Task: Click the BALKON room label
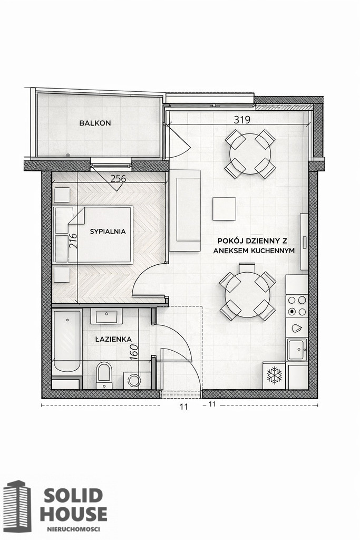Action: tap(95, 123)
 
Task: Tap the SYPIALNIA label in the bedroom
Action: tap(108, 232)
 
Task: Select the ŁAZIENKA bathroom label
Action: tap(113, 339)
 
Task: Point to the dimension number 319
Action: tap(242, 120)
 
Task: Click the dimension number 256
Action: tap(118, 179)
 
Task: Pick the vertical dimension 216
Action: tap(73, 241)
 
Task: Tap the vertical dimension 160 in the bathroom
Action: tap(134, 352)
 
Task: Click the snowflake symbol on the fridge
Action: tap(274, 375)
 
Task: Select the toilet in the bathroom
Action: tap(104, 375)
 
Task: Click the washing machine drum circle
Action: tap(134, 380)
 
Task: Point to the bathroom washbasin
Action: tap(106, 316)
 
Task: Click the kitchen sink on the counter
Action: tap(297, 350)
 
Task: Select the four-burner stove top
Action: tap(297, 306)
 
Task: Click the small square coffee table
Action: tap(224, 209)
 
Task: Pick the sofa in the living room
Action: tap(184, 211)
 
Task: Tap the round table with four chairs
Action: tap(250, 154)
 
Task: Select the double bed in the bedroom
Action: tap(93, 235)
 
